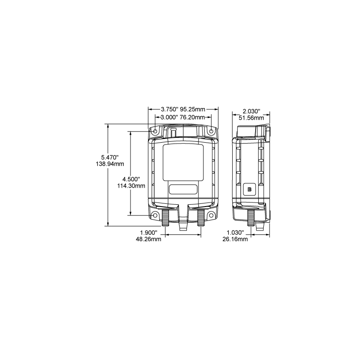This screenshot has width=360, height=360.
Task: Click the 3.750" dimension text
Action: point(170,109)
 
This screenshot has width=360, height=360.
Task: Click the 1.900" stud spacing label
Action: point(148,233)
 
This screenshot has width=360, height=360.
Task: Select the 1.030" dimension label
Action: point(236,233)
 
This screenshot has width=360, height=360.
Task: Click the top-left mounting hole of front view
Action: point(155,131)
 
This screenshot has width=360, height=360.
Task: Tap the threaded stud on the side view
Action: point(250,218)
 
